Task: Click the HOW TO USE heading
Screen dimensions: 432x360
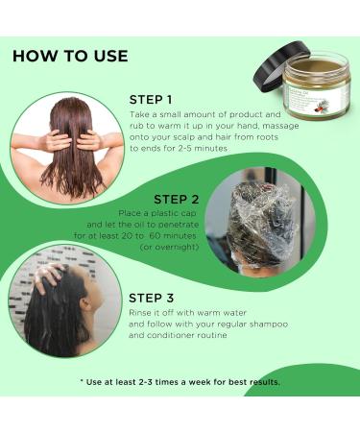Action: coord(69,56)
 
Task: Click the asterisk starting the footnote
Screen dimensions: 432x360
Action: coord(83,381)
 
